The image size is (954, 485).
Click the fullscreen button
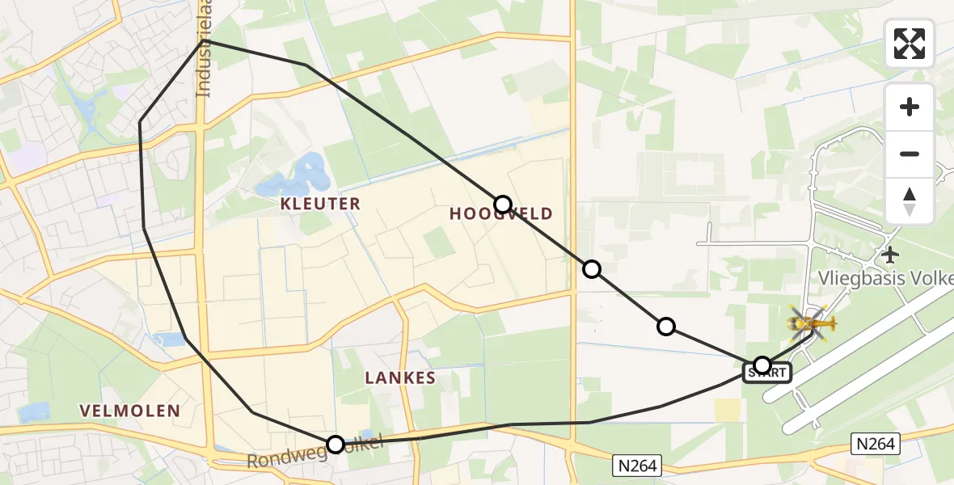(910, 44)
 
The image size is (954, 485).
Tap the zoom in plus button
(910, 107)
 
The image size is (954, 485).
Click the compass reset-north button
(910, 201)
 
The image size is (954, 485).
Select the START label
(766, 373)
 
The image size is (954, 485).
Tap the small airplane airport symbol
(891, 255)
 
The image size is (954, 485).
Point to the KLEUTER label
(320, 204)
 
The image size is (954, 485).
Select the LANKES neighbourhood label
(400, 377)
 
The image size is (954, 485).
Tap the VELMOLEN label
(130, 411)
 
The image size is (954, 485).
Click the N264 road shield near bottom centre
(636, 465)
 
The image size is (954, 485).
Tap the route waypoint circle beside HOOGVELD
(503, 205)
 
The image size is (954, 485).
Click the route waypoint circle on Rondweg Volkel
(336, 444)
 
